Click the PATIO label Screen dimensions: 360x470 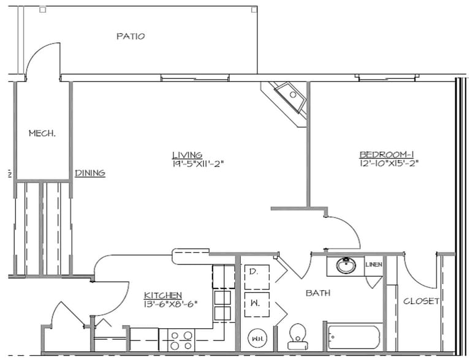point(131,37)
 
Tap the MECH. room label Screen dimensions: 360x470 point(42,133)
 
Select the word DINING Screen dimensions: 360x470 point(90,173)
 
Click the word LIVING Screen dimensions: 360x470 point(187,155)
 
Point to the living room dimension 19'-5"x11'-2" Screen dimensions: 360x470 point(197,163)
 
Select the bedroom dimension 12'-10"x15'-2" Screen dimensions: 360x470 point(389,163)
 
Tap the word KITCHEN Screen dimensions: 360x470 point(162,295)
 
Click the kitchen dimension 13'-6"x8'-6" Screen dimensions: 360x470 point(171,304)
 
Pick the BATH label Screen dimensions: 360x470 point(318,293)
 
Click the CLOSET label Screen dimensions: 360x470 point(421,301)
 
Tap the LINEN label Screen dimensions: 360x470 point(374,265)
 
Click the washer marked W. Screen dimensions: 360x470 point(257,304)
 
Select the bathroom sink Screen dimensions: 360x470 point(347,266)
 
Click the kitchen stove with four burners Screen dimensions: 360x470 point(181,340)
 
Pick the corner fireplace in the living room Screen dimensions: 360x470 point(287,98)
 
